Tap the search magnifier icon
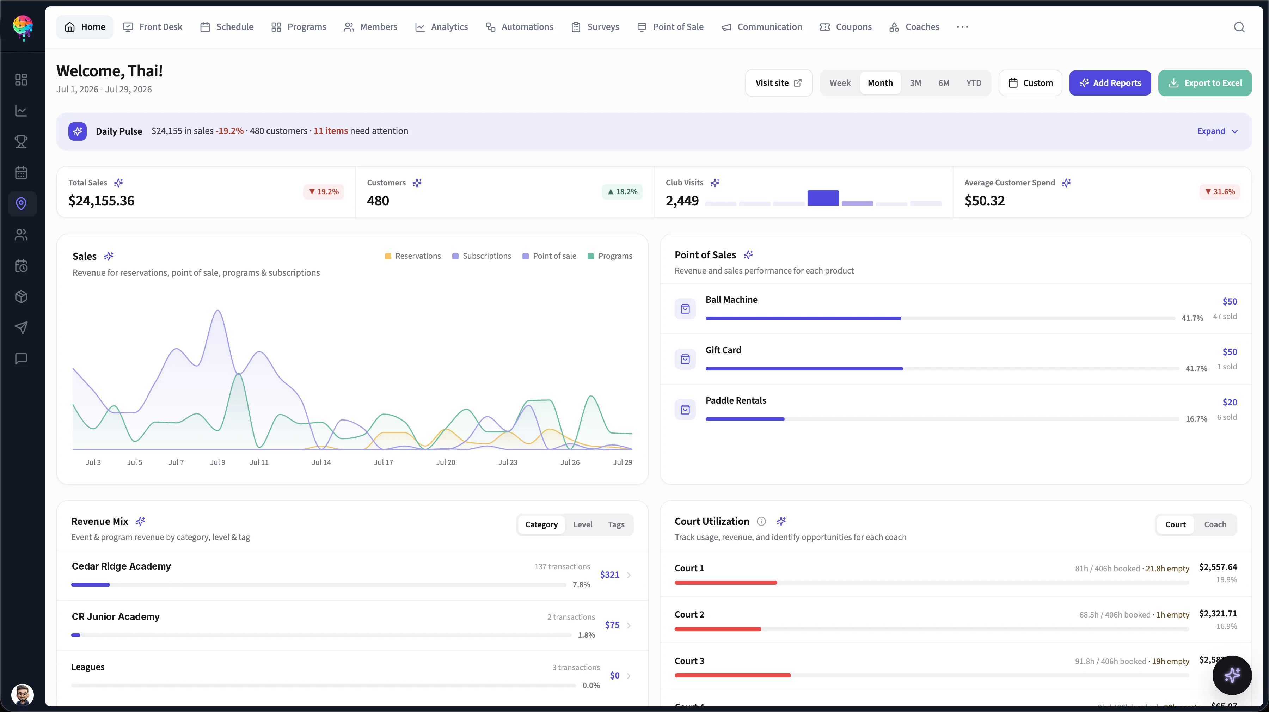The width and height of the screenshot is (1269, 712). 1239,27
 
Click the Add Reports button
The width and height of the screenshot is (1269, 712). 1110,83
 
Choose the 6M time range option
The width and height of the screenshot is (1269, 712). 943,83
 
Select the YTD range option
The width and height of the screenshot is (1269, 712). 973,83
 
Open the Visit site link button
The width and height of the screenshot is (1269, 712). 778,83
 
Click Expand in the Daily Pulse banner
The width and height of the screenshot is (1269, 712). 1217,131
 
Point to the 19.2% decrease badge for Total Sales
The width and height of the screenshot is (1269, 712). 324,192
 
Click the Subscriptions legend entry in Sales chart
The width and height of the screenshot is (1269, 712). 482,256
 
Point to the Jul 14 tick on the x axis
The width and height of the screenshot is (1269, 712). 321,462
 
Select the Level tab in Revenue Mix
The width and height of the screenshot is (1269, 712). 583,524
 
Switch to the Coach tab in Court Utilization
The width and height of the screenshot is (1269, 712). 1215,524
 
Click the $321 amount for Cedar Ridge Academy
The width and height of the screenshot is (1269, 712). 609,575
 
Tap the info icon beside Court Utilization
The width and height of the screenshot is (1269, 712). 761,521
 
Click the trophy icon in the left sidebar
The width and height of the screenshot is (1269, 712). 21,142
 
